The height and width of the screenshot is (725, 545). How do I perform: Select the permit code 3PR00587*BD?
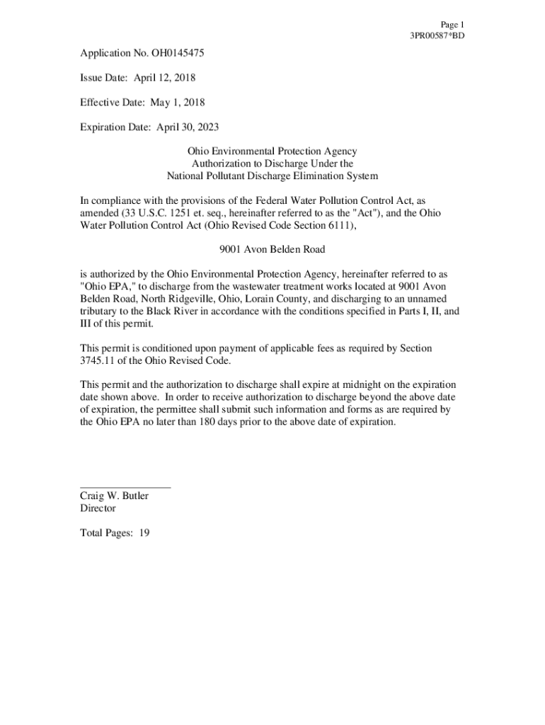(x=437, y=35)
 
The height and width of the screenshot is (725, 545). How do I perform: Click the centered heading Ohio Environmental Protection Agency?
(x=272, y=152)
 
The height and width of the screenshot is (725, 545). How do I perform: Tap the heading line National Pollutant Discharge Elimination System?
(x=272, y=176)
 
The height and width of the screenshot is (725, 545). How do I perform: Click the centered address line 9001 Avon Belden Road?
(x=272, y=249)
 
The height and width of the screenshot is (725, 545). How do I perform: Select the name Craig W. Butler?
(x=114, y=496)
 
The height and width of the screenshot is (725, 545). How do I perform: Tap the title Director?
(x=98, y=508)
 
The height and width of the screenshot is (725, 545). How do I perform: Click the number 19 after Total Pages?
(x=144, y=533)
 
